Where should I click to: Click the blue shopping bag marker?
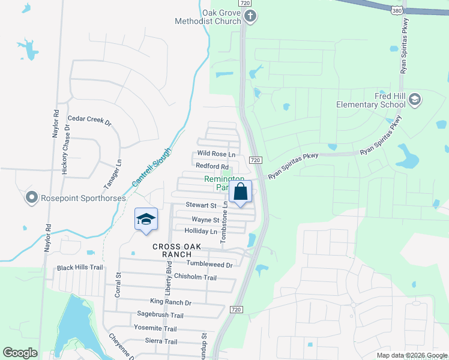click(x=240, y=193)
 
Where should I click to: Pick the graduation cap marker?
click(x=146, y=220)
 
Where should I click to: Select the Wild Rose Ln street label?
click(x=216, y=154)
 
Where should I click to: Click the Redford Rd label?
click(x=212, y=166)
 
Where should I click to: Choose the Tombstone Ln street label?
click(x=224, y=222)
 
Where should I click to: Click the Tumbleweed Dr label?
click(x=209, y=264)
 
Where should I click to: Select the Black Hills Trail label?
click(x=80, y=268)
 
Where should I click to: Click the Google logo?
click(x=20, y=353)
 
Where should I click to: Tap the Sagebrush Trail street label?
click(x=160, y=315)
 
